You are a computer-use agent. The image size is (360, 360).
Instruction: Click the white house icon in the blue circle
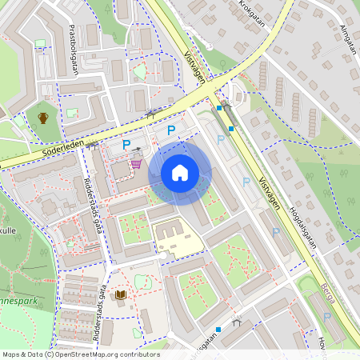click(180, 173)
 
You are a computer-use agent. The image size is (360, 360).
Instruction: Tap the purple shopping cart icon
click(137, 163)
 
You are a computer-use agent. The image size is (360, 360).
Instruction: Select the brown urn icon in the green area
click(43, 118)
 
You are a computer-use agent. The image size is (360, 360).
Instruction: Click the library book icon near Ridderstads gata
click(120, 296)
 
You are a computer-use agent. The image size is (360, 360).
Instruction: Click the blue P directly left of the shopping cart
click(126, 145)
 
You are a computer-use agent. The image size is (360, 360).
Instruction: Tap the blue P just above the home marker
click(170, 130)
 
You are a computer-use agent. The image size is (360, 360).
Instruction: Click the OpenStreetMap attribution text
click(80, 354)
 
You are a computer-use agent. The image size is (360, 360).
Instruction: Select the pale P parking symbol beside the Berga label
click(326, 318)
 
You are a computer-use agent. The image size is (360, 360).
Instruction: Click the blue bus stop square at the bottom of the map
click(218, 329)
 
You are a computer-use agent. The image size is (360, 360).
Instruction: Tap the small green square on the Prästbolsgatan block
click(71, 114)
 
